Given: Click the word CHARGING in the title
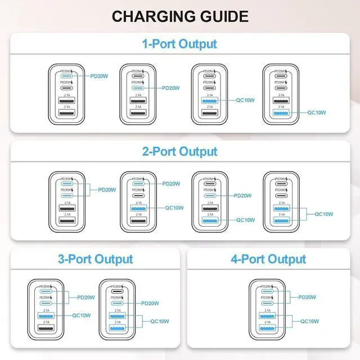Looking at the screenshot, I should point(148,16).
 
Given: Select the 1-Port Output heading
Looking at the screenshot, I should point(179,44).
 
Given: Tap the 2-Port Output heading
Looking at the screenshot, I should point(179,151).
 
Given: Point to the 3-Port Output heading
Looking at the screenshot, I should point(95,259).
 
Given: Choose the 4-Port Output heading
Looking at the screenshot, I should point(268,259).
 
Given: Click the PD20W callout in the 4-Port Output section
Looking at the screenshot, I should point(308,297).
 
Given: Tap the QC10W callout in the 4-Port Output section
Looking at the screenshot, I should point(309,321).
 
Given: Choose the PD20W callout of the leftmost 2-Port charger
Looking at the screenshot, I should point(107,190).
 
